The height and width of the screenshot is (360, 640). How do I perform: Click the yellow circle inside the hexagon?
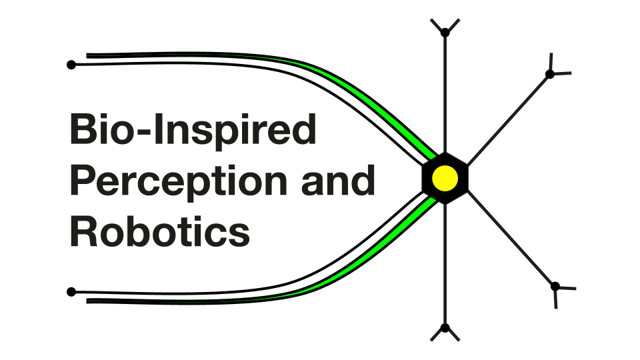(445, 178)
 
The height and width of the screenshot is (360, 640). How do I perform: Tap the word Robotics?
(160, 232)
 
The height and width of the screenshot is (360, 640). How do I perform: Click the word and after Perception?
(338, 181)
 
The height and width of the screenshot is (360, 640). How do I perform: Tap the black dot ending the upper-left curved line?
(71, 65)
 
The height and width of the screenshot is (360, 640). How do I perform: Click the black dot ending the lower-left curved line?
(71, 291)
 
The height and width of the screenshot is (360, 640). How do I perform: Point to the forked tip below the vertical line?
(445, 329)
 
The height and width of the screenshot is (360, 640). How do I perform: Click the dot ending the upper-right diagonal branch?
(550, 74)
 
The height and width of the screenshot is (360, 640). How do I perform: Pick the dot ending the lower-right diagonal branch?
(555, 287)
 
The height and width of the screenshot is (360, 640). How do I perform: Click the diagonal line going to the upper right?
(507, 117)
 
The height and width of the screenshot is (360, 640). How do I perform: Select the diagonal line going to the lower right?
(510, 241)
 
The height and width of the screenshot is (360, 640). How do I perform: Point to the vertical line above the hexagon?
(445, 93)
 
